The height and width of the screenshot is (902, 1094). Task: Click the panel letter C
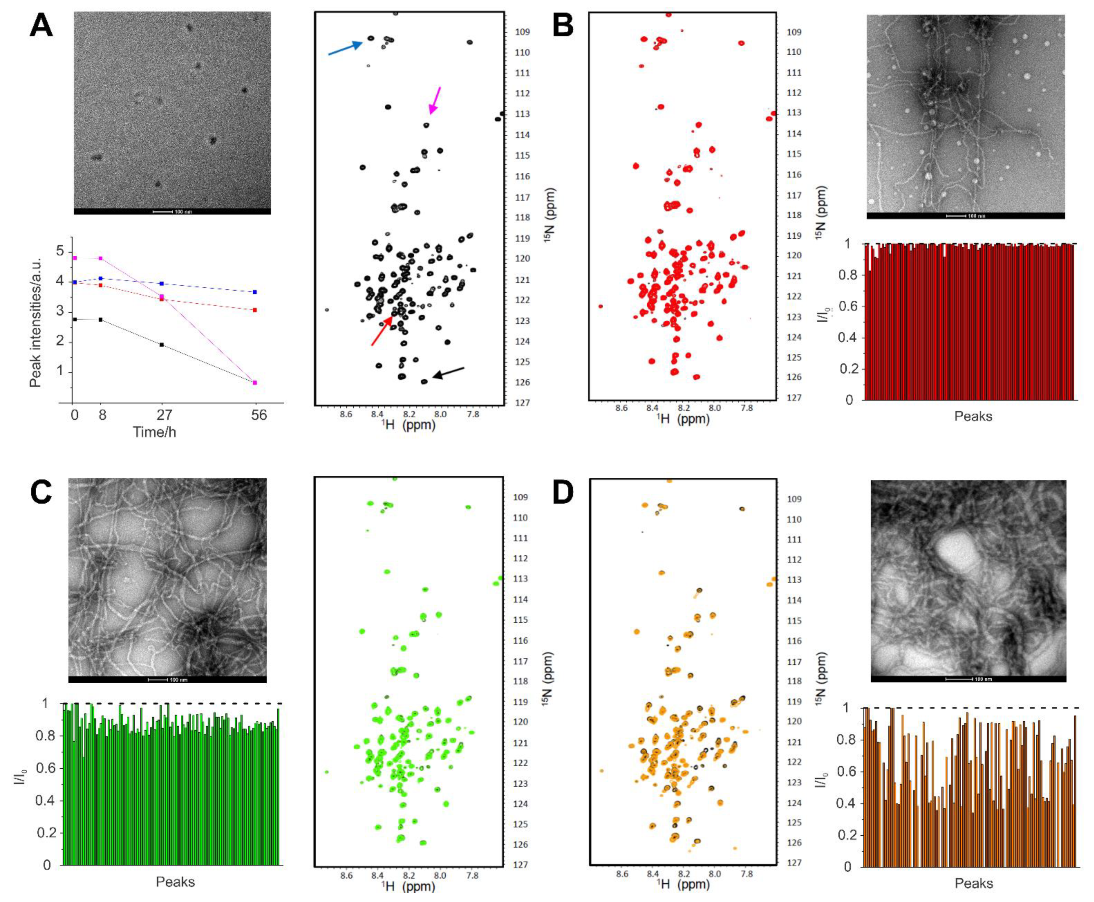(x=41, y=492)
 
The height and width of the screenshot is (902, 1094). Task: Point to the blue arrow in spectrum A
(x=345, y=48)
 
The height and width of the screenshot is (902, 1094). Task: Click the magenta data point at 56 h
(x=255, y=382)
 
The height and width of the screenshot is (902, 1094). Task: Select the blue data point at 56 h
(x=255, y=292)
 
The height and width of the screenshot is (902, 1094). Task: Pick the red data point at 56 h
(x=255, y=310)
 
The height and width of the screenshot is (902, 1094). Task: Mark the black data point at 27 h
(x=162, y=344)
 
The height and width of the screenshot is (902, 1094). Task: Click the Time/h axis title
(x=154, y=432)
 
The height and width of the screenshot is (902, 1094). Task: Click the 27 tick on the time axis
(x=164, y=415)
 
